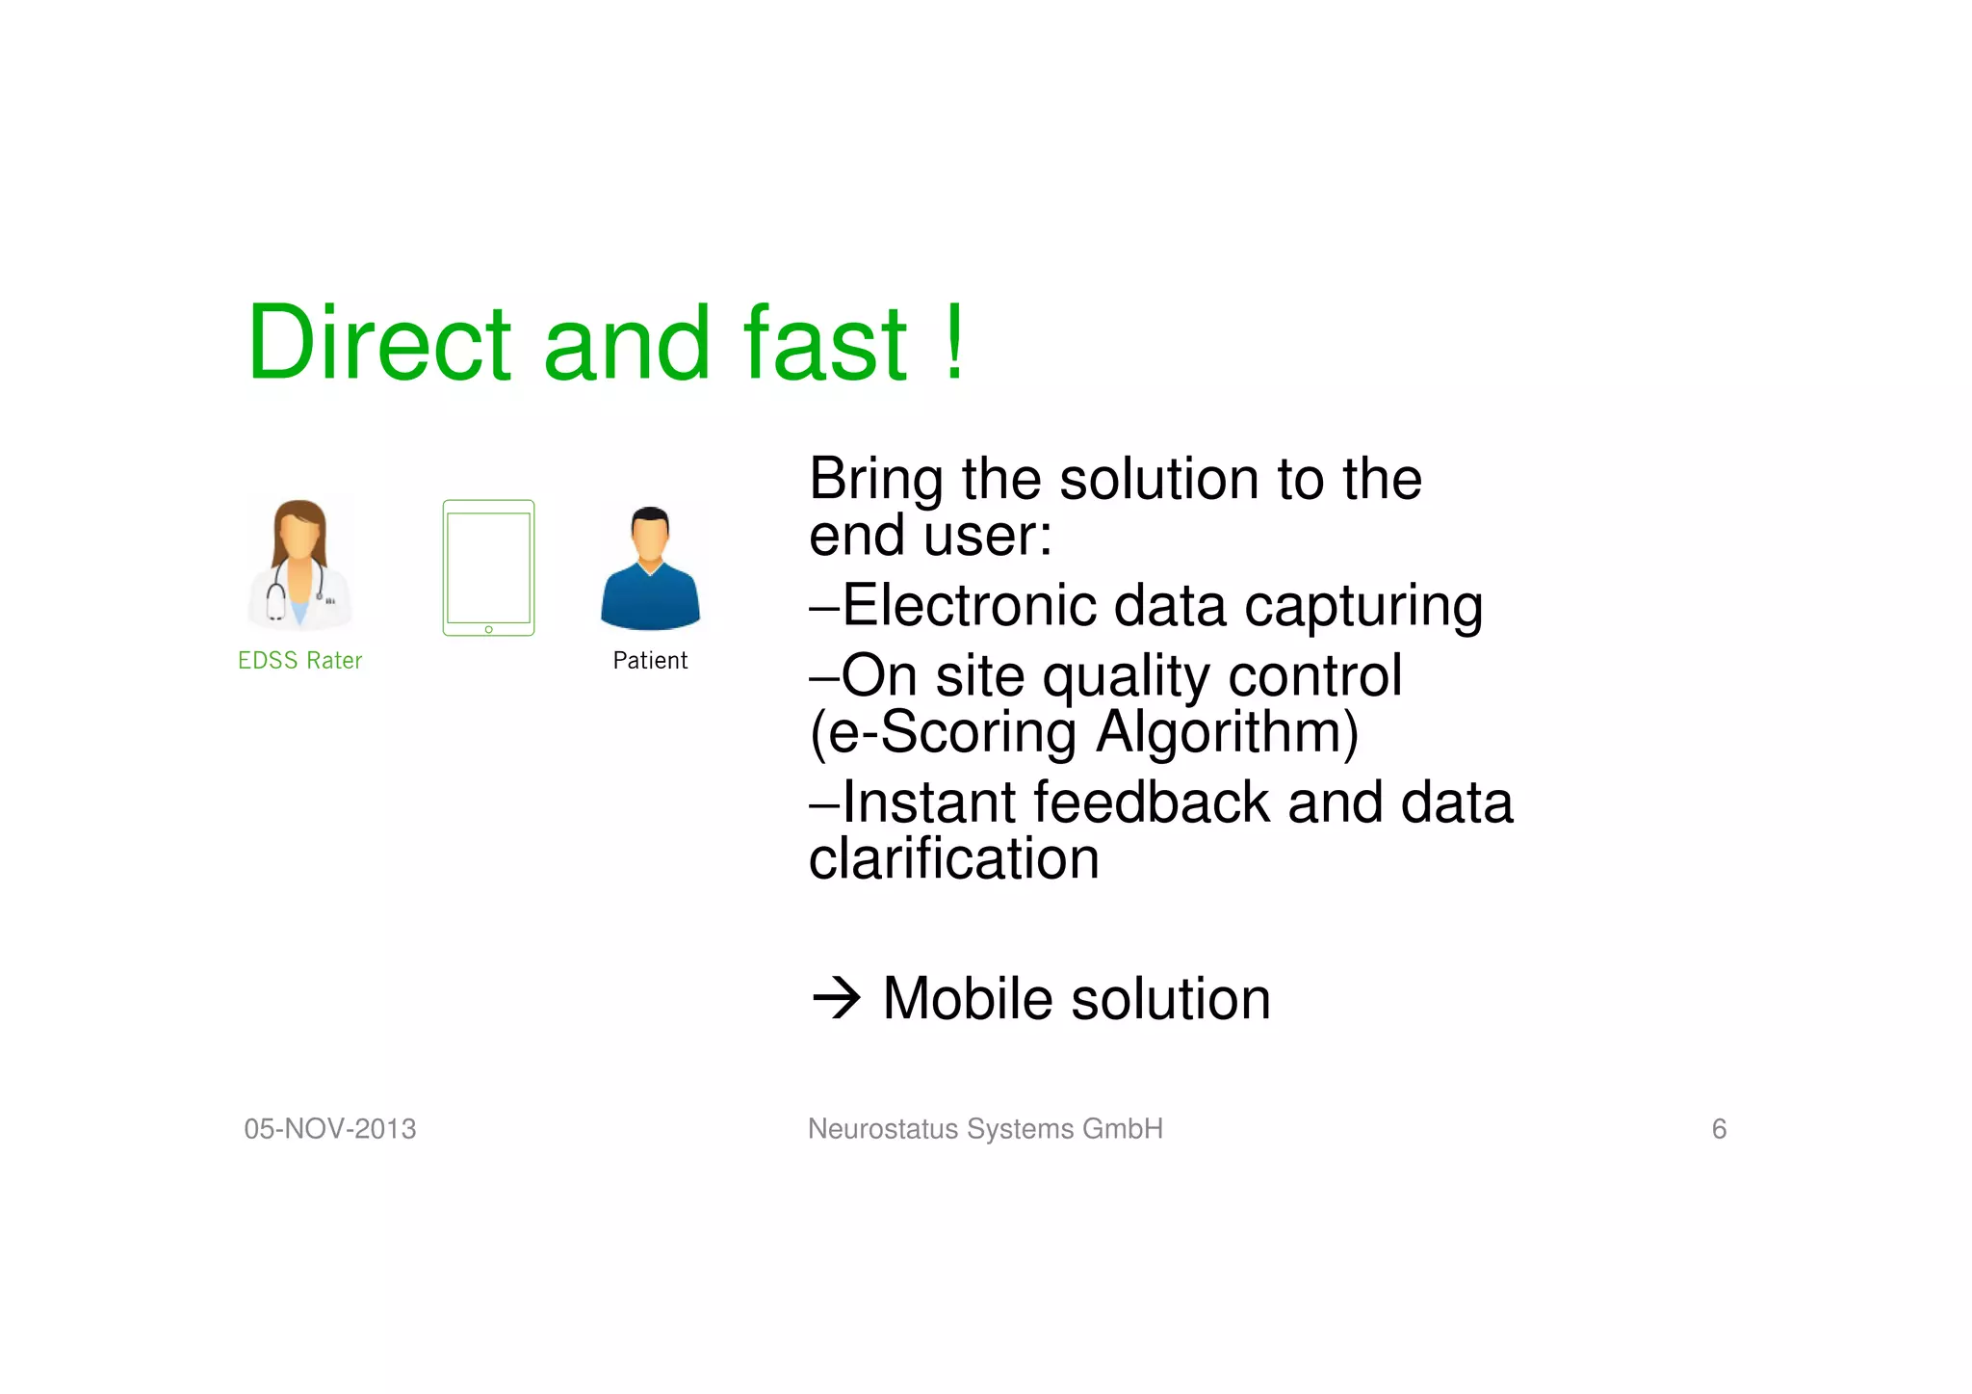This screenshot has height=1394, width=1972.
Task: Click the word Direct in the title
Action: pyautogui.click(x=378, y=343)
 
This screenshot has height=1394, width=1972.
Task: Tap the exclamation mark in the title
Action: pyautogui.click(x=954, y=343)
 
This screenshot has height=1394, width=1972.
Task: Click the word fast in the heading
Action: pyautogui.click(x=824, y=343)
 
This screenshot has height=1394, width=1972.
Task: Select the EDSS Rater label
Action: pyautogui.click(x=299, y=661)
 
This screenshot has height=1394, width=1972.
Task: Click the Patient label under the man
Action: pyautogui.click(x=650, y=661)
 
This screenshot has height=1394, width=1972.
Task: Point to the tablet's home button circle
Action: pyautogui.click(x=489, y=629)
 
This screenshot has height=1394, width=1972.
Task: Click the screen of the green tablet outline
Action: pyautogui.click(x=489, y=566)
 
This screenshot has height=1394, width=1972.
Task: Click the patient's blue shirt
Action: pyautogui.click(x=651, y=602)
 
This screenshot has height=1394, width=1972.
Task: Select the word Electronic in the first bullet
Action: pyautogui.click(x=969, y=606)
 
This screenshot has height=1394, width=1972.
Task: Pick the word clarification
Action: pyautogui.click(x=953, y=859)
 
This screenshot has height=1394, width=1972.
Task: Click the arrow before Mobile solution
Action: pyautogui.click(x=836, y=998)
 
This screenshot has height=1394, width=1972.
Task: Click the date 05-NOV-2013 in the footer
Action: pyautogui.click(x=330, y=1129)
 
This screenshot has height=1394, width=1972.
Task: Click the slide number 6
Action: pyautogui.click(x=1719, y=1129)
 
